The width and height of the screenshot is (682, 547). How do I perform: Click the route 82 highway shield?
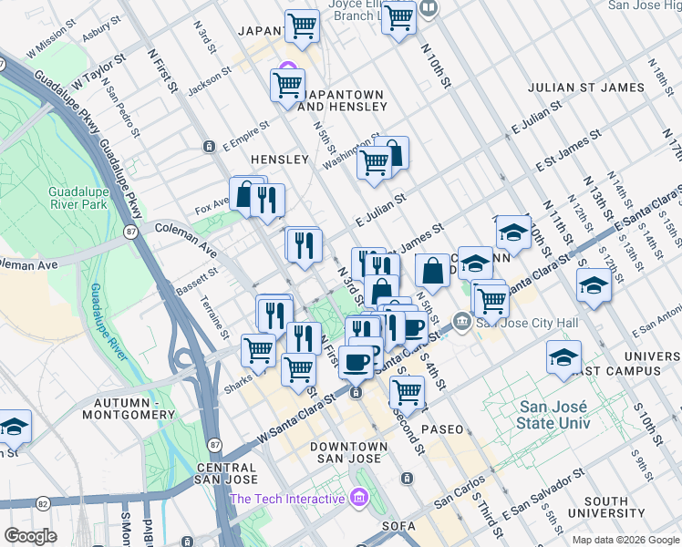pyautogui.click(x=42, y=502)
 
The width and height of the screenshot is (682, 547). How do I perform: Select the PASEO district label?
pyautogui.click(x=442, y=428)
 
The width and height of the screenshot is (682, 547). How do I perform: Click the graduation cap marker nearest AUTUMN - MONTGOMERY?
pyautogui.click(x=15, y=426)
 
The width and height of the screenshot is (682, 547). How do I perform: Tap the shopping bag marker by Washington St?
pyautogui.click(x=392, y=152)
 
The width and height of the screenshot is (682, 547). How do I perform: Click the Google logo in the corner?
pyautogui.click(x=30, y=536)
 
